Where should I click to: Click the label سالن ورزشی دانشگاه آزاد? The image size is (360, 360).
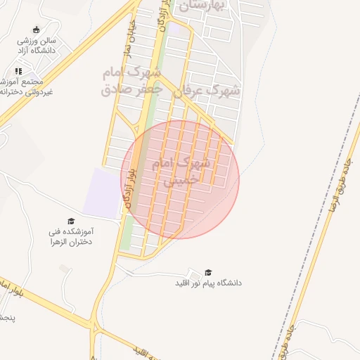37,46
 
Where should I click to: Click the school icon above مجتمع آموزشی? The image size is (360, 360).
18,71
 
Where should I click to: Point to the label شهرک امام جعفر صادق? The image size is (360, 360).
132,81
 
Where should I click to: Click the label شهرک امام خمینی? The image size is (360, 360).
181,172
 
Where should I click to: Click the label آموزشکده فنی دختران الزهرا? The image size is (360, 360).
70,236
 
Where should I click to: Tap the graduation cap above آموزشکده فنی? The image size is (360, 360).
70,221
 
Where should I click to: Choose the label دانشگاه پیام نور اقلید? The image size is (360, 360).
208,283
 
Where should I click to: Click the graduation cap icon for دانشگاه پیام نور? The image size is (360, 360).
207,272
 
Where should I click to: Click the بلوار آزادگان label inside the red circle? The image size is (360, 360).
129,187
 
